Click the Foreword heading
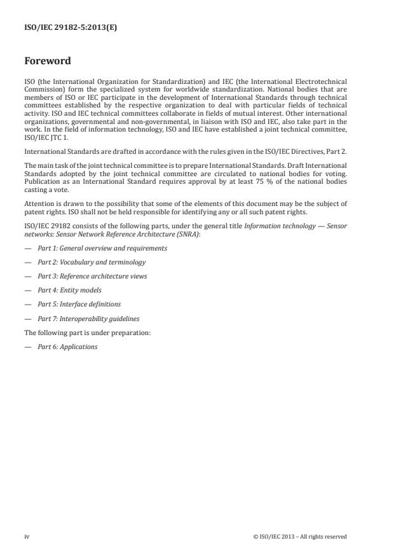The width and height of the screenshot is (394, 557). click(47, 61)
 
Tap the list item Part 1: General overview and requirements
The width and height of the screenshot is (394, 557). click(102, 248)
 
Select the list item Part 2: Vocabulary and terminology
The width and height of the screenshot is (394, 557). click(92, 262)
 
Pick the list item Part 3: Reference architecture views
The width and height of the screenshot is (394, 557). click(92, 276)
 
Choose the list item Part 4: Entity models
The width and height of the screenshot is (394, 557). click(69, 290)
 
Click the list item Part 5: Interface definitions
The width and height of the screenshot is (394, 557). click(79, 304)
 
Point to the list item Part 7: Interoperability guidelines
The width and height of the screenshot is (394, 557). click(88, 319)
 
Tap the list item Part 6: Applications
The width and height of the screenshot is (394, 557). click(67, 347)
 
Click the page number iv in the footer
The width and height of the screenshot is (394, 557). click(27, 537)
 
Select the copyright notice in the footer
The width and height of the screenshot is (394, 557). click(299, 537)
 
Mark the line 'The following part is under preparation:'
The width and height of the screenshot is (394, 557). click(87, 333)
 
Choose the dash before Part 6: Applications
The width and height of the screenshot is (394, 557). click(27, 347)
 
